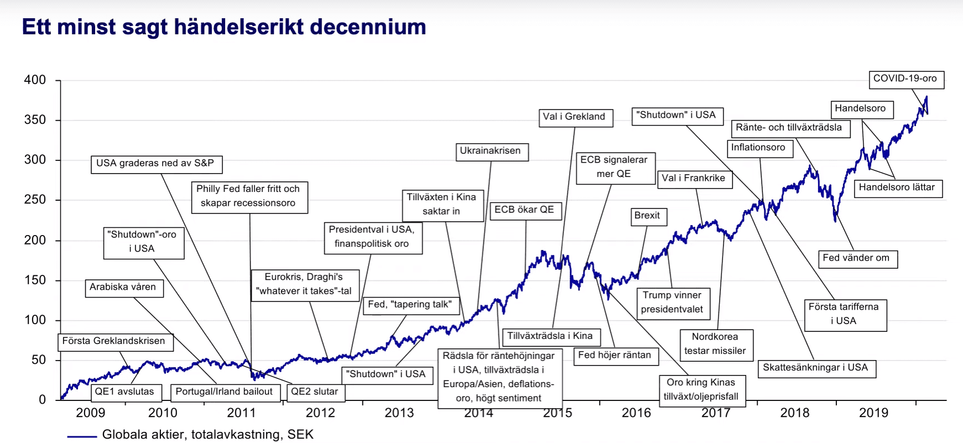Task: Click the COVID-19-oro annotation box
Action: coord(905,79)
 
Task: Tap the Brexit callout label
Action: coord(647,216)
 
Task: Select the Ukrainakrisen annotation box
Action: coord(491,151)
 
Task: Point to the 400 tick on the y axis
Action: coord(35,80)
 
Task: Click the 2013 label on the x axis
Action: coord(399,413)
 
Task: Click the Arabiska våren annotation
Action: coord(123,287)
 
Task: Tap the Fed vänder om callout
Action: coord(856,258)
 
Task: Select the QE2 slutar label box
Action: coord(315,392)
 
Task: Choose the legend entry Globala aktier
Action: coord(207,435)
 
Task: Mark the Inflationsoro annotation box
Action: coord(758,148)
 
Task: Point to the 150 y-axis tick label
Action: coord(35,280)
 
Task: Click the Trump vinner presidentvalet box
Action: coord(672,303)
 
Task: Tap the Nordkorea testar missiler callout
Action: coord(715,343)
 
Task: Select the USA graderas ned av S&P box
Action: coord(155,164)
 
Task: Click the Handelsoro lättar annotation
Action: coord(897,187)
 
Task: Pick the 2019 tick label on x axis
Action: coord(873,413)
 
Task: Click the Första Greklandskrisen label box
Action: coord(114,341)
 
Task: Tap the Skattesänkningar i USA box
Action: coord(815,368)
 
